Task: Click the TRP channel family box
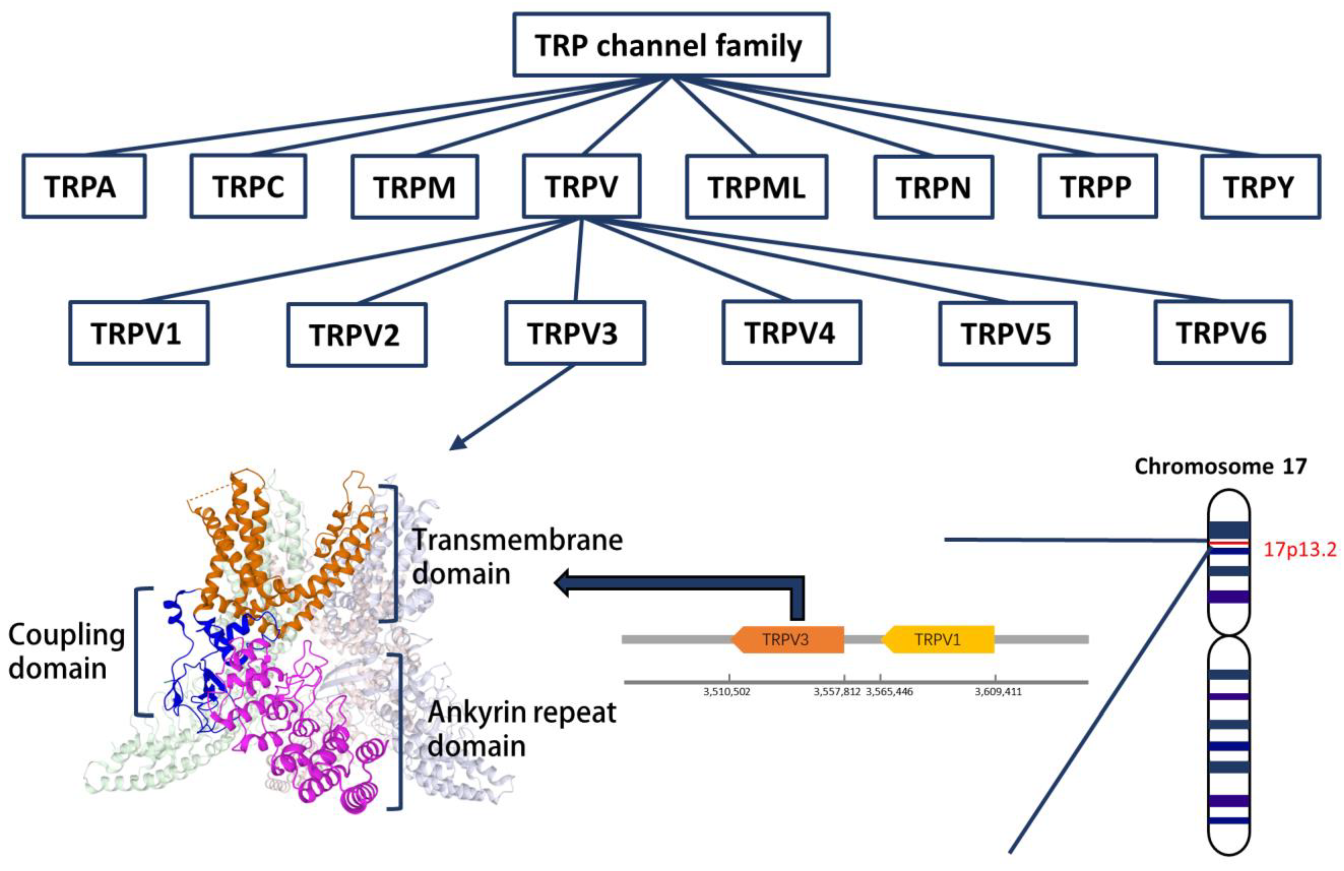671,45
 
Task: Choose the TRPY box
1260,187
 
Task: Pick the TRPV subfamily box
581,186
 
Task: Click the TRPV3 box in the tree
574,333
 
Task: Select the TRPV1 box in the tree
138,333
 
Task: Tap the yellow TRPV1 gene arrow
938,640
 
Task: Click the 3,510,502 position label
727,691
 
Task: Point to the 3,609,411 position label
998,691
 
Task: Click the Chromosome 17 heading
1220,466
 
